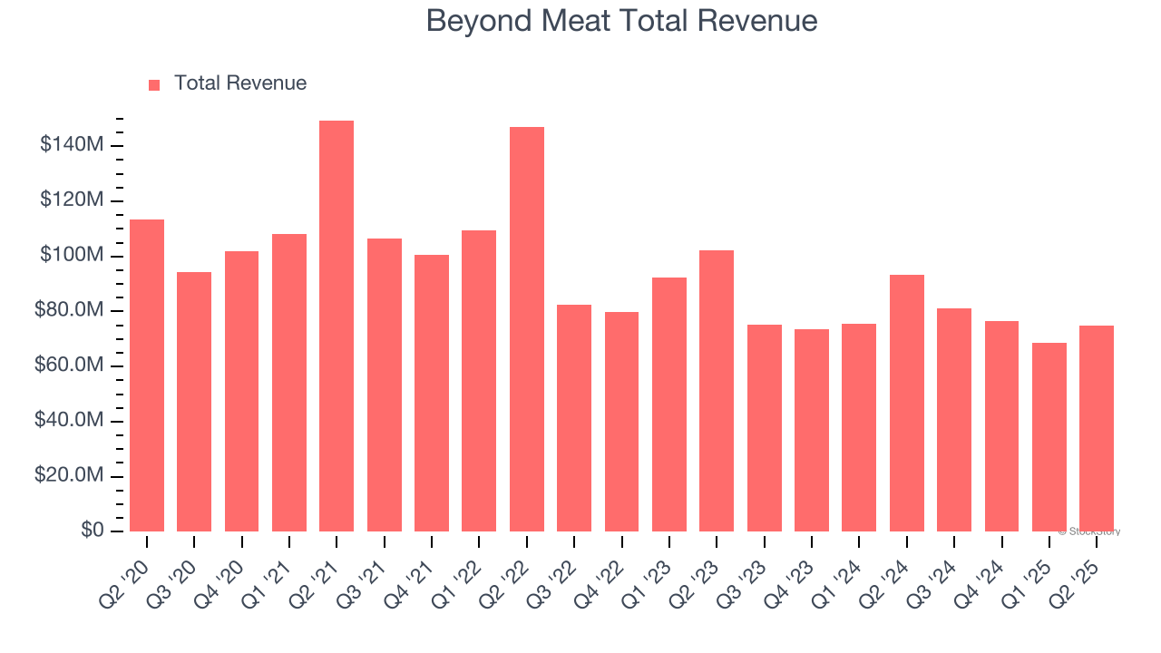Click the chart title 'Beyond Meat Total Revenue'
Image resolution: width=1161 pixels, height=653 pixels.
[x=621, y=21]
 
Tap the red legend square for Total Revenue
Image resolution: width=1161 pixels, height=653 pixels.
[x=154, y=84]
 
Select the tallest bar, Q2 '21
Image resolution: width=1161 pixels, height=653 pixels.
[x=337, y=326]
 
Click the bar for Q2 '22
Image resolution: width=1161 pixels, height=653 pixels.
[x=527, y=328]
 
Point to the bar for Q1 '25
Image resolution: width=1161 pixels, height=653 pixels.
[x=1049, y=436]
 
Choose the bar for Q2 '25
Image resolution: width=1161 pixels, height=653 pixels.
[x=1097, y=428]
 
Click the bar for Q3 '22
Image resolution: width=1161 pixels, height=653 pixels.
[x=574, y=417]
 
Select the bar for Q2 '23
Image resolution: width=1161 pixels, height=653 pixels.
[x=717, y=390]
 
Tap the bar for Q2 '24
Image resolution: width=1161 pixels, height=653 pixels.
[x=907, y=403]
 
